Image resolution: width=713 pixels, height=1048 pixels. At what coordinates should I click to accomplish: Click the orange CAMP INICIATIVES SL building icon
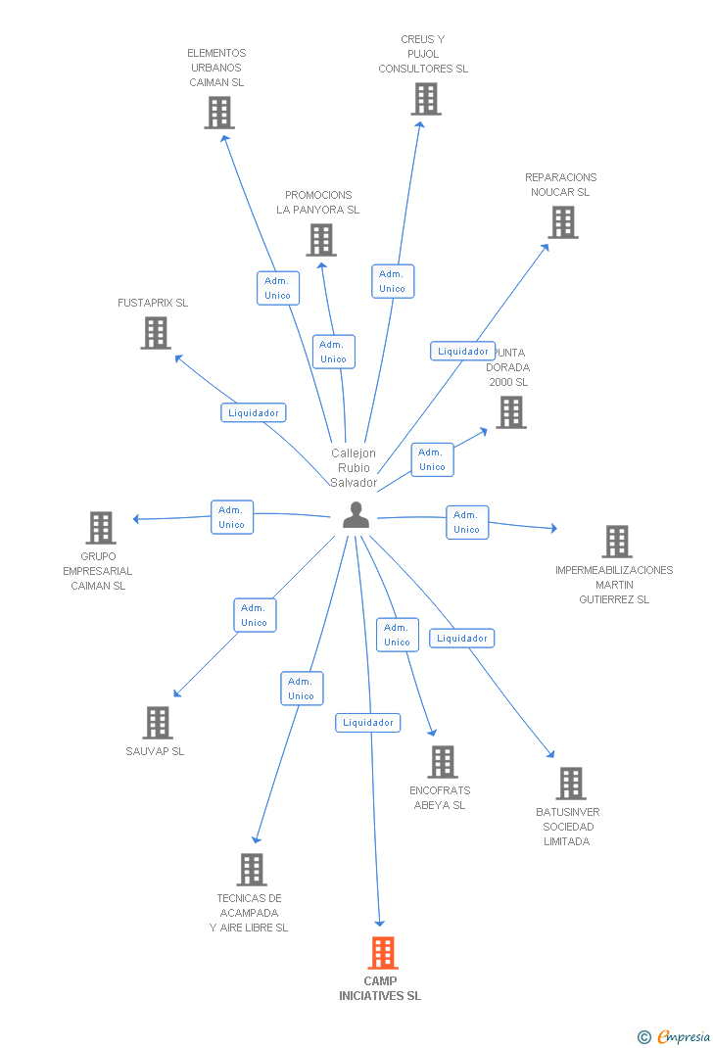383,952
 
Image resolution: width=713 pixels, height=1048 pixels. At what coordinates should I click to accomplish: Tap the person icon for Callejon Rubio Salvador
356,514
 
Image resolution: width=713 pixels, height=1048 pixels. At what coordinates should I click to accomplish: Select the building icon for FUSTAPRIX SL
156,333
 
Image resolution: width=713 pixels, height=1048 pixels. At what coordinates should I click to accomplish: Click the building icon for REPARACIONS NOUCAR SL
563,222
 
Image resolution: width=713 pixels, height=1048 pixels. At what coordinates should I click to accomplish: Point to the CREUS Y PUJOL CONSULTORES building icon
426,99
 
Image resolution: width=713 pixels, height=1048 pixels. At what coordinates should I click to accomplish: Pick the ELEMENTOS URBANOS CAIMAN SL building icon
219,113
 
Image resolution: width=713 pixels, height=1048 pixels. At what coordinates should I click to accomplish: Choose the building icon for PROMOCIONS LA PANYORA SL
321,240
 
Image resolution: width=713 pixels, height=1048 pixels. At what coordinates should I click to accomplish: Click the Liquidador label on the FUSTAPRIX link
254,412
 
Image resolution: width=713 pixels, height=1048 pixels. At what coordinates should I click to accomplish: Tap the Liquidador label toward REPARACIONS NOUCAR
462,351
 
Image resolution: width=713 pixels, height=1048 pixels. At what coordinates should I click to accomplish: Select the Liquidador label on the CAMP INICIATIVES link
367,722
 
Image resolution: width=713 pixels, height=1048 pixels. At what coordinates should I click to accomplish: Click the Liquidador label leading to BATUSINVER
461,639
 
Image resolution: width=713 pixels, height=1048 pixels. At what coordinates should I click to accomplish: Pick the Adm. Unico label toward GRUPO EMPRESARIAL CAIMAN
232,516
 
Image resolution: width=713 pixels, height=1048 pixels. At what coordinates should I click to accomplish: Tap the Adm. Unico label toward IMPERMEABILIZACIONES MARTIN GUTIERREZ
467,522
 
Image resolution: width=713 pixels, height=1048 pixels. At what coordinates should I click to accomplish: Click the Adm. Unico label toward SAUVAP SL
255,615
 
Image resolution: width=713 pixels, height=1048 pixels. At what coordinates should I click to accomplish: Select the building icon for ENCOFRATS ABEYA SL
443,762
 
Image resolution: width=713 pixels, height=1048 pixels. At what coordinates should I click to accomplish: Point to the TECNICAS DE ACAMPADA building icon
252,870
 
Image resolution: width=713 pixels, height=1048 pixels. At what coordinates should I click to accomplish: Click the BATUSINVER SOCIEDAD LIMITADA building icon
571,784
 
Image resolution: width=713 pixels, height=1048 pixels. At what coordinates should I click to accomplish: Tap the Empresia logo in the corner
674,1036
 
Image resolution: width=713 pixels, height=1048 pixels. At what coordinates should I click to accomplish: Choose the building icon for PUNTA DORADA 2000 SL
511,412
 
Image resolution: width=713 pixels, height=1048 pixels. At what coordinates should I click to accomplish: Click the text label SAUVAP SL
155,751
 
